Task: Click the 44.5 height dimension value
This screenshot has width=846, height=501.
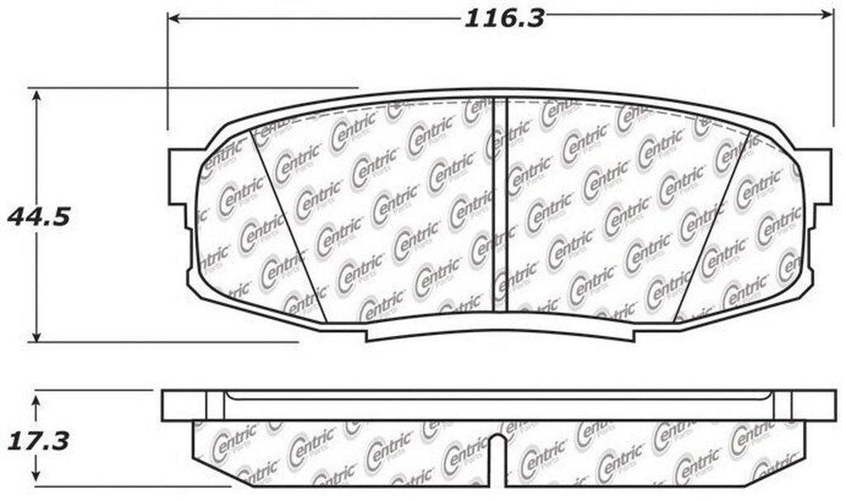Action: coord(39,217)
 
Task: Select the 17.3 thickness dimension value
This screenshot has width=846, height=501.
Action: coord(38,441)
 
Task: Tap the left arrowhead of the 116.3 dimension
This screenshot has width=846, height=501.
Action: coord(173,16)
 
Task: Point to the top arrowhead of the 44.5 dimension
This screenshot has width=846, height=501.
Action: coord(36,96)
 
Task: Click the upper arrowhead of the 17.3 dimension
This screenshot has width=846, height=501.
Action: coord(36,401)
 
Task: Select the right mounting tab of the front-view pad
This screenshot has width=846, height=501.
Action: coord(820,177)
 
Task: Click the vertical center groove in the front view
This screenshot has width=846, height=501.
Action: coord(499,206)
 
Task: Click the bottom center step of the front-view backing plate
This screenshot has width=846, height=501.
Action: coord(499,334)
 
